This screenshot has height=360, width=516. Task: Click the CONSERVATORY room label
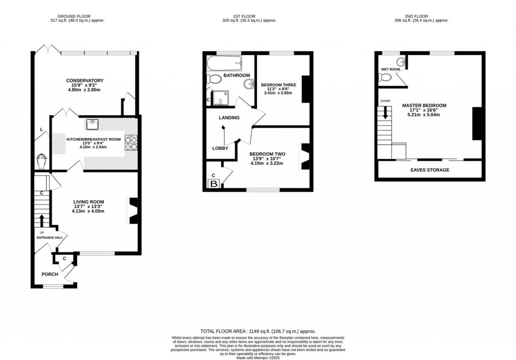85,81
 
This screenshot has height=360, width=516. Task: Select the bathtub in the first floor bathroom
224,64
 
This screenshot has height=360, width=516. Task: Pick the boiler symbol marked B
213,184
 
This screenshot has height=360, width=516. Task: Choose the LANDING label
229,118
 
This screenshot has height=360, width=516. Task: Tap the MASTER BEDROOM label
424,106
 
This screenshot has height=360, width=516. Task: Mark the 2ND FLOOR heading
421,16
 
